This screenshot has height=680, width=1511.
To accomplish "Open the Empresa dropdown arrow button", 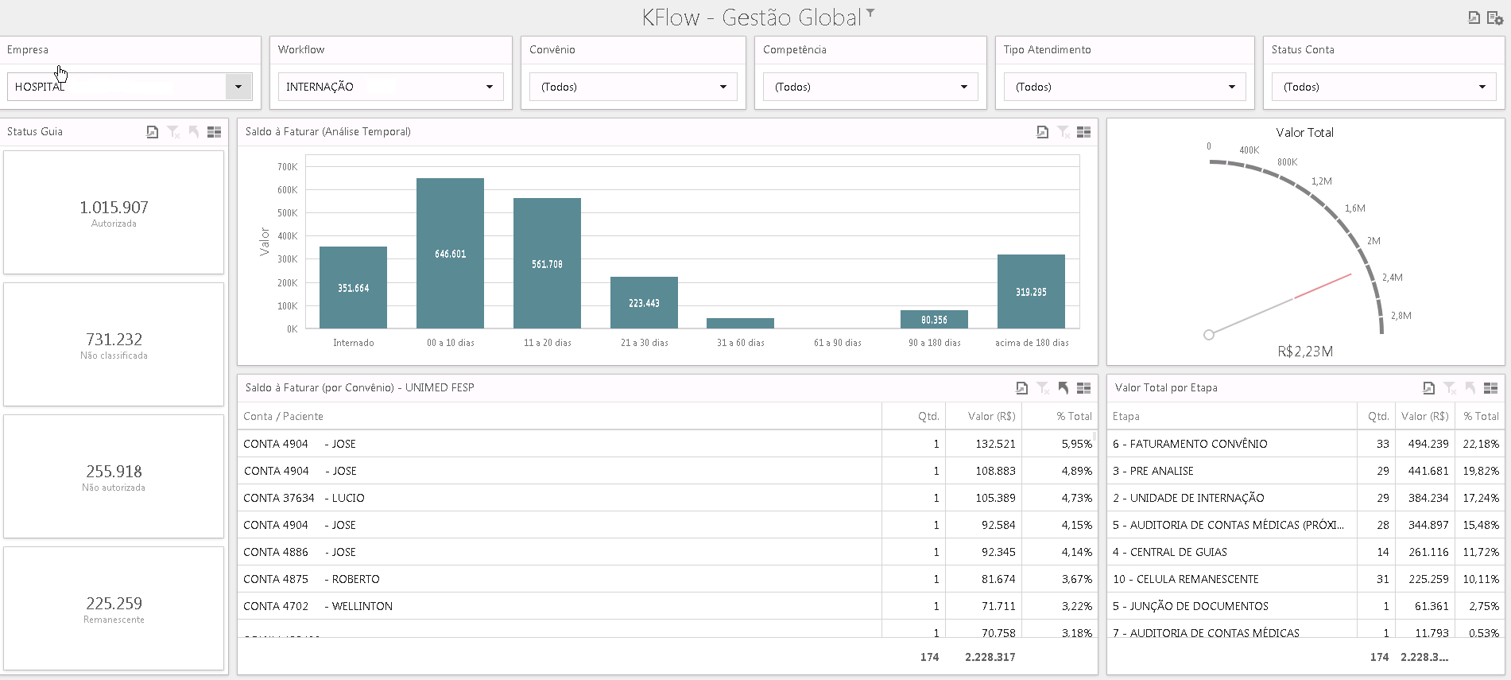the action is (238, 87).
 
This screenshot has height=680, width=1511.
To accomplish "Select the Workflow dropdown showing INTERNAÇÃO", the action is (390, 87).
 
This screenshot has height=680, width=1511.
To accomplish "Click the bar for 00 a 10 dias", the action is (450, 253).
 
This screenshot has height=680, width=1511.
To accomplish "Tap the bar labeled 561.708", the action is (547, 263).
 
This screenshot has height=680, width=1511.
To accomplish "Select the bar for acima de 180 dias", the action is (1031, 291).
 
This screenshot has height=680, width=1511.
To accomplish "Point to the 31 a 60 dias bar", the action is (740, 323).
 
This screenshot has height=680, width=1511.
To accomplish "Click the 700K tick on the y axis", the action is (287, 167).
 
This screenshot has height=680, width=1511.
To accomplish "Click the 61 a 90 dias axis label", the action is (838, 343).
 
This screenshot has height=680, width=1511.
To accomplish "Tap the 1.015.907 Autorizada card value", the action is (114, 208).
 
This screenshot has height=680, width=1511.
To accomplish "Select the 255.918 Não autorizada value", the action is (114, 472).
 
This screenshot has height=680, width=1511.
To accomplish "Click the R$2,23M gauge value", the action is (1304, 352).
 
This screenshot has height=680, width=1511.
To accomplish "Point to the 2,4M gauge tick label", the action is (1392, 278).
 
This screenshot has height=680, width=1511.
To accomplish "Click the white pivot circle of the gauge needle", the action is (1209, 335).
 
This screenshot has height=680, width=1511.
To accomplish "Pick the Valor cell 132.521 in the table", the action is (995, 444).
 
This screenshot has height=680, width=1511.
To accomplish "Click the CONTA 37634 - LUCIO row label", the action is (304, 498).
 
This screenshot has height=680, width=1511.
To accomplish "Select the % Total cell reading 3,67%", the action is (1077, 579).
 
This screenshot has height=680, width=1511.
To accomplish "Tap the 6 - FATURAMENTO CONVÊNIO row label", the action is (1190, 444).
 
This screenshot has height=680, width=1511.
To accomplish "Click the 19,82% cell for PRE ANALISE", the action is (1481, 471).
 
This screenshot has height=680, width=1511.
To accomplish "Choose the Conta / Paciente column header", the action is (283, 416).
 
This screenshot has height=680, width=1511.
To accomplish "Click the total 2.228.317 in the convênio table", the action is (990, 657).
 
